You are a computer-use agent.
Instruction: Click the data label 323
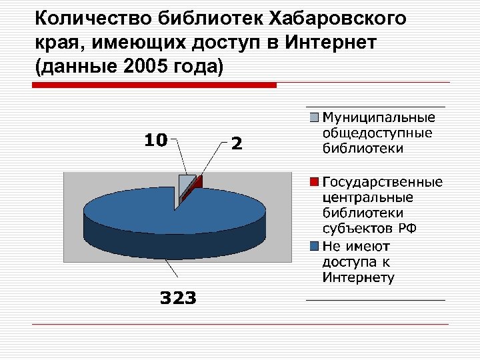(177, 298)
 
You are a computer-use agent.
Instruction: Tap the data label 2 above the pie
(236, 143)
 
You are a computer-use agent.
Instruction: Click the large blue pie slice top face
(147, 210)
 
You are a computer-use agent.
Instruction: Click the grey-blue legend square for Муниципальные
(314, 119)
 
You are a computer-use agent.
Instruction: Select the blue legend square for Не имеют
(314, 246)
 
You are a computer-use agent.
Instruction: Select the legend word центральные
(367, 197)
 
